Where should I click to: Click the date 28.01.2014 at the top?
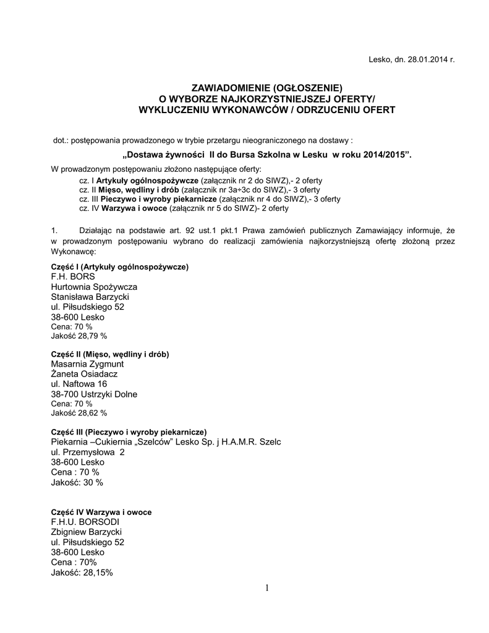(x=425, y=59)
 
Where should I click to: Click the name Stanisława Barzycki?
(x=90, y=297)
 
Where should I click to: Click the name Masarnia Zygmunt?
(x=87, y=364)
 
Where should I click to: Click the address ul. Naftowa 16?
(x=79, y=384)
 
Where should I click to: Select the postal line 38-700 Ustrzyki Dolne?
(x=94, y=394)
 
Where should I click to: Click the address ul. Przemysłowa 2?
(x=87, y=452)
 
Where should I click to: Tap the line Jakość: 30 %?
(x=77, y=482)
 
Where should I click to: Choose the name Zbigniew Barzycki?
(x=86, y=532)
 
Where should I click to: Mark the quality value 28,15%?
(x=96, y=572)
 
